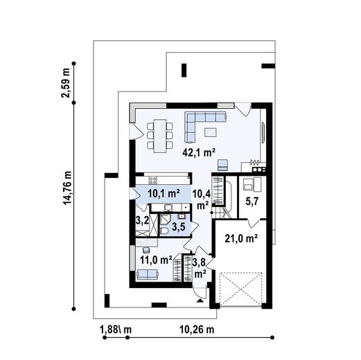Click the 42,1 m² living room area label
[x=199, y=153]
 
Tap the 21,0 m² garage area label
[x=241, y=239]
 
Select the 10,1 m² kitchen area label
[x=164, y=193]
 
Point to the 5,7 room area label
[x=252, y=202]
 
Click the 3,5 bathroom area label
[x=179, y=227]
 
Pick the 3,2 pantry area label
[x=142, y=221]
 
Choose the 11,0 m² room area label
[x=156, y=260]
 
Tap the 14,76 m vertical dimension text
[x=68, y=188]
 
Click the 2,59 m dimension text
[x=65, y=83]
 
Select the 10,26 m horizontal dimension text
[x=197, y=330]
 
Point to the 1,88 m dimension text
[x=116, y=330]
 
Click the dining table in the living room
[x=160, y=136]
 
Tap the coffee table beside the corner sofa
[x=211, y=132]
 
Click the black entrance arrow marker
[x=200, y=300]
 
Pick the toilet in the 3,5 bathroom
[x=164, y=231]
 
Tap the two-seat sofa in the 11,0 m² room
[x=148, y=275]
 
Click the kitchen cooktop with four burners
[x=153, y=179]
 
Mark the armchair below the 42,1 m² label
[x=222, y=165]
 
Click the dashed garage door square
[x=241, y=289]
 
